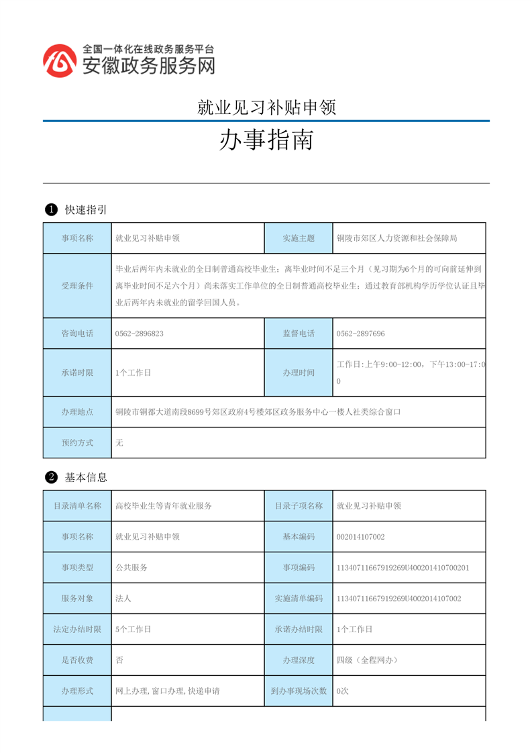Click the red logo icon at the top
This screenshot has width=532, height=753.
click(60, 60)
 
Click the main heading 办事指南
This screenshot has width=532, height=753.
click(266, 140)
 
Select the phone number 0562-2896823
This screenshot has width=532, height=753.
click(140, 334)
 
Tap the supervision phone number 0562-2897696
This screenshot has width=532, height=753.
click(361, 334)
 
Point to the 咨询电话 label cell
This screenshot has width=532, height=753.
click(77, 334)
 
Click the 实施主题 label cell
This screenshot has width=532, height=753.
click(299, 238)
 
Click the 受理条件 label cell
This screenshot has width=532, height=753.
click(77, 286)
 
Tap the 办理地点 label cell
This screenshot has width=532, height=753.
click(77, 412)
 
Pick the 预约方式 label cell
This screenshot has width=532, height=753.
click(77, 443)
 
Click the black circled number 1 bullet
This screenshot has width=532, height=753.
click(50, 210)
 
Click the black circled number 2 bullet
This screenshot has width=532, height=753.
click(50, 478)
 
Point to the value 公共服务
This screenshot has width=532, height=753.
click(131, 567)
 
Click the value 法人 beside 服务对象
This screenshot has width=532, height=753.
click(123, 598)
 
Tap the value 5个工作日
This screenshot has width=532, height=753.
click(134, 630)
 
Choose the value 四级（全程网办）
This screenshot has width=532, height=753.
click(368, 660)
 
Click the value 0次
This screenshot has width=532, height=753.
click(342, 691)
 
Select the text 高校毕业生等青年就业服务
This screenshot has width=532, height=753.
click(164, 506)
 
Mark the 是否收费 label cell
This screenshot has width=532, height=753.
click(77, 660)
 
